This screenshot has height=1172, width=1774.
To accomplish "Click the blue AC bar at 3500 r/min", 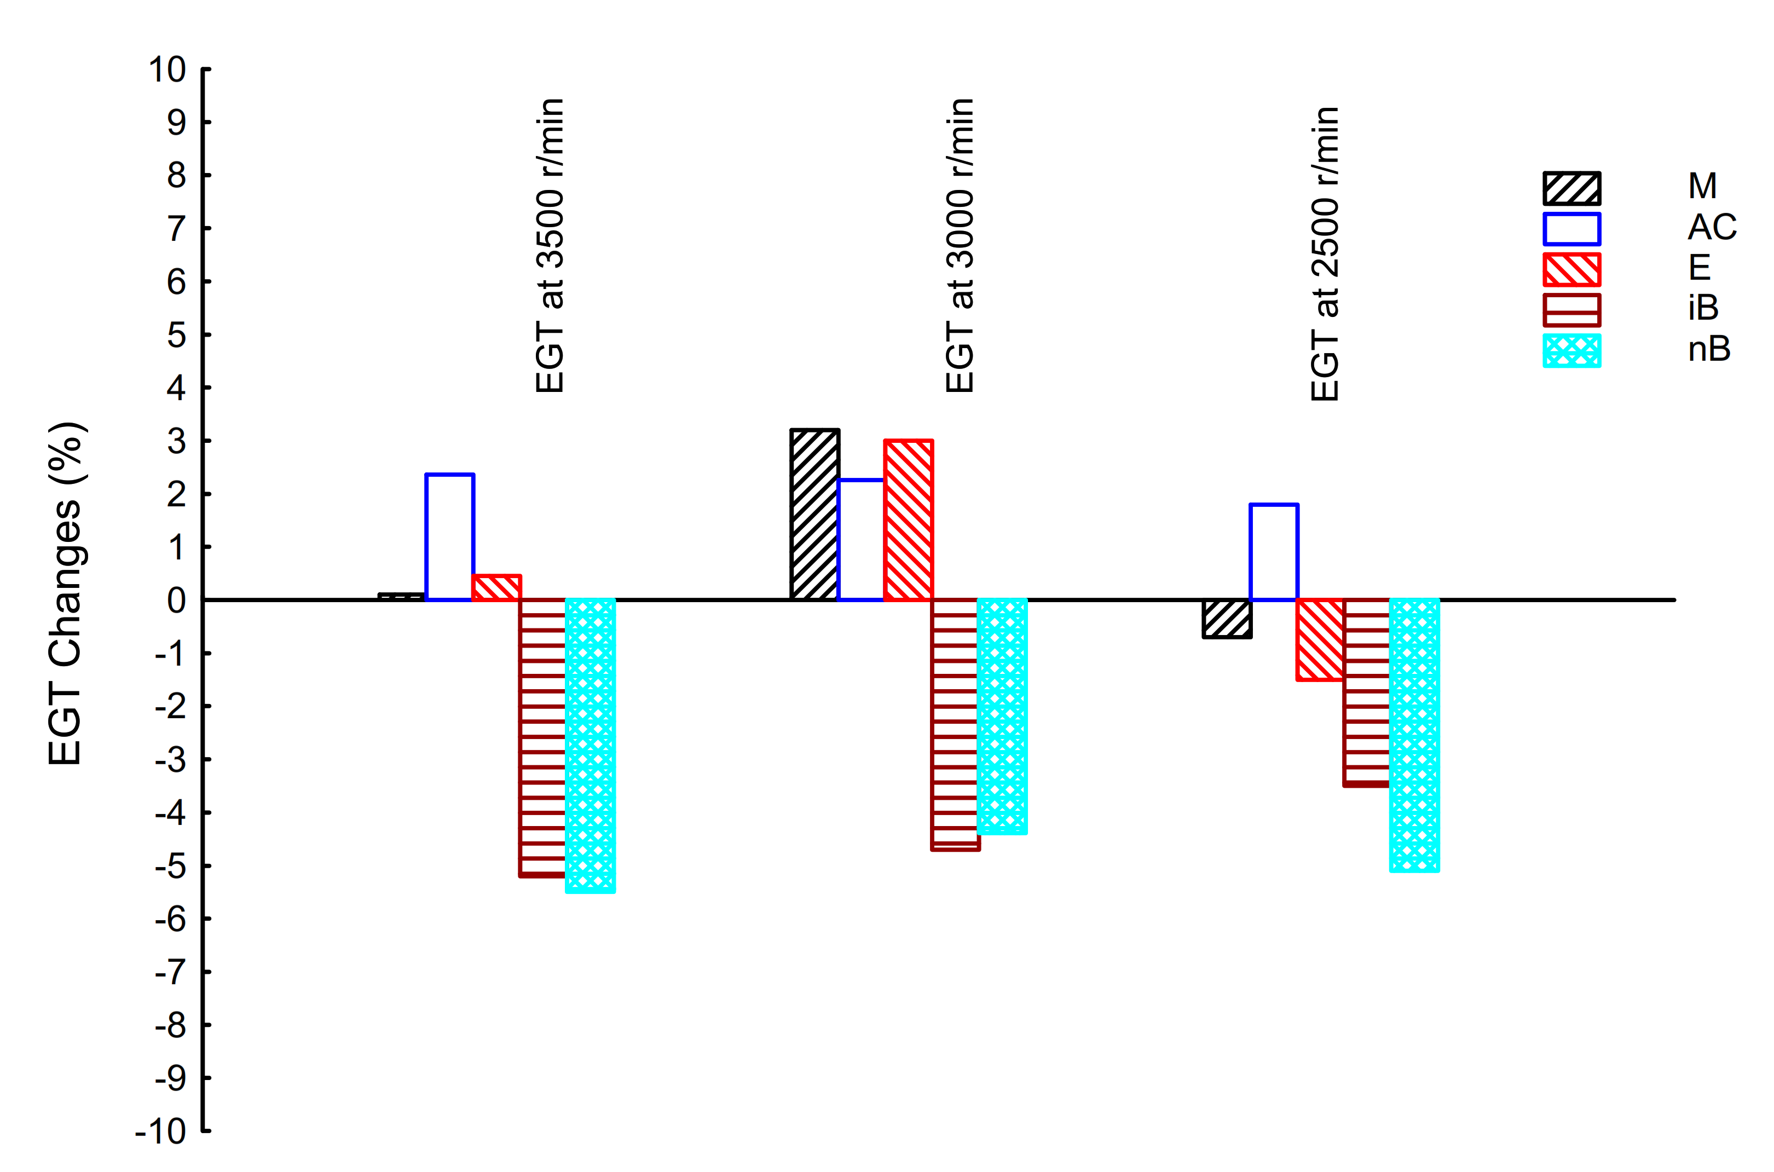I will pyautogui.click(x=449, y=536).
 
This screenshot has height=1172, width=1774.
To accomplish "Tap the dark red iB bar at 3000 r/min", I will pyautogui.click(x=955, y=724).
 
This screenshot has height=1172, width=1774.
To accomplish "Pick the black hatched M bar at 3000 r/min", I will pyautogui.click(x=814, y=514).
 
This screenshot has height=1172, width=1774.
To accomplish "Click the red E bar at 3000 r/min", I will pyautogui.click(x=908, y=519).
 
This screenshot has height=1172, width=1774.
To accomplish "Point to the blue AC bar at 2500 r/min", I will pyautogui.click(x=1273, y=552).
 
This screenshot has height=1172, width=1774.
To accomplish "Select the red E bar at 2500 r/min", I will pyautogui.click(x=1320, y=639).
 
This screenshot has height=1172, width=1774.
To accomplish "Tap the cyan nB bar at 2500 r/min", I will pyautogui.click(x=1414, y=735).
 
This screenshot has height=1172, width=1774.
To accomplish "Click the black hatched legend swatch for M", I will pyautogui.click(x=1571, y=188).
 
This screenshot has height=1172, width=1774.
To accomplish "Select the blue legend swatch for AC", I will pyautogui.click(x=1571, y=229).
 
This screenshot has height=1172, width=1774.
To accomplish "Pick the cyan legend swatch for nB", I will pyautogui.click(x=1571, y=350).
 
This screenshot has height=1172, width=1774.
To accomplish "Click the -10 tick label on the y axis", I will pyautogui.click(x=161, y=1131).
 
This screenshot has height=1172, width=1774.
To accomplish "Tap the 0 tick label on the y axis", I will pyautogui.click(x=176, y=600).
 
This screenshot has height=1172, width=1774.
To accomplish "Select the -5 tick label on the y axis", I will pyautogui.click(x=170, y=867).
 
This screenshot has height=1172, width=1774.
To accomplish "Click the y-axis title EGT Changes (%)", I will pyautogui.click(x=65, y=594).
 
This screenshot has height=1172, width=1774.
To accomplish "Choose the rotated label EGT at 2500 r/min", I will pyautogui.click(x=1325, y=254).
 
